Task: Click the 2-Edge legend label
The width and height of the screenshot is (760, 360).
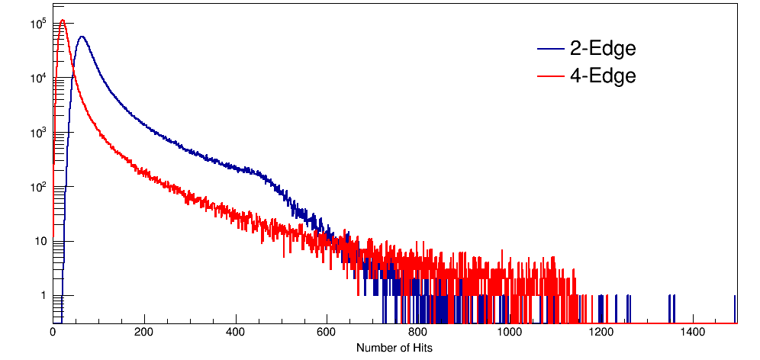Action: pos(603,49)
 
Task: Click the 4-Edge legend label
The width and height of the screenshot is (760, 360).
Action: pos(603,76)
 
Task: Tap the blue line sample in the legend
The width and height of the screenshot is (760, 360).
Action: pos(550,50)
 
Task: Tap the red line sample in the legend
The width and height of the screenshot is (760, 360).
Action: pos(550,76)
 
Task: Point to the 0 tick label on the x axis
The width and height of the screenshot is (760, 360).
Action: pos(53,333)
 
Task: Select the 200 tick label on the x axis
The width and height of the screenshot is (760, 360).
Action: pos(144,333)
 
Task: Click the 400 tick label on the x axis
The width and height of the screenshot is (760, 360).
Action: pos(236,333)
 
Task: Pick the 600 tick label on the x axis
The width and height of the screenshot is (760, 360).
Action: pos(327,333)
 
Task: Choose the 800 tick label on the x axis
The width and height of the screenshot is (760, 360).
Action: pos(418,333)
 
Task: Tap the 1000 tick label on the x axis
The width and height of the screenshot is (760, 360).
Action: pos(509,333)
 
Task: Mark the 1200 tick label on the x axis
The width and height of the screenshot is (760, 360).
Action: pos(601,333)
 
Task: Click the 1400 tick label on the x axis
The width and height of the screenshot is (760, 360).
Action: pos(692,333)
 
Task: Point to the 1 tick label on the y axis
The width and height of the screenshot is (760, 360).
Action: pos(44,296)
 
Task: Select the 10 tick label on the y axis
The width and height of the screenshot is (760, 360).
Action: pos(41,242)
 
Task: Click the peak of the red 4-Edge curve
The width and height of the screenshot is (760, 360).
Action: pos(63,21)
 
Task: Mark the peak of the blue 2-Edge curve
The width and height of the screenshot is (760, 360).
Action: pos(82,37)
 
